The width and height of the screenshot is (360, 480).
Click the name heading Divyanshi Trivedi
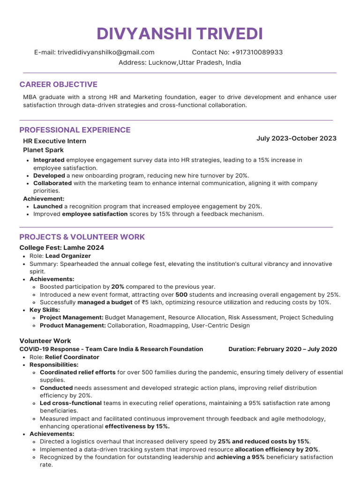pyautogui.click(x=180, y=34)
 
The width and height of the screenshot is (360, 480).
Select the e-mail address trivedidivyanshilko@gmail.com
pyautogui.click(x=106, y=52)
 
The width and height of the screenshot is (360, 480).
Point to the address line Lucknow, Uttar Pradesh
pyautogui.click(x=180, y=62)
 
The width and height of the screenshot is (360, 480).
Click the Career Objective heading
pyautogui.click(x=58, y=84)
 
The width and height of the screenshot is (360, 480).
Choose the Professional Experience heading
pyautogui.click(x=75, y=130)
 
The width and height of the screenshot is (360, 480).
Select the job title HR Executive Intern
pyautogui.click(x=54, y=141)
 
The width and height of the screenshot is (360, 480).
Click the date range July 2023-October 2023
pyautogui.click(x=296, y=138)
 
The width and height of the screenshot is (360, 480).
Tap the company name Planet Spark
pyautogui.click(x=43, y=150)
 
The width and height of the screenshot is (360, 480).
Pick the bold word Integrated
pyautogui.click(x=49, y=160)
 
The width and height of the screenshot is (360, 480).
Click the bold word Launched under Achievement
pyautogui.click(x=48, y=206)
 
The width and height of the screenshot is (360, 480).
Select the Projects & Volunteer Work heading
pyautogui.click(x=82, y=237)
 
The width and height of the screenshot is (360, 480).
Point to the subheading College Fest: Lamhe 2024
pyautogui.click(x=61, y=247)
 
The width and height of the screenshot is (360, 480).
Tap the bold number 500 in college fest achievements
pyautogui.click(x=181, y=294)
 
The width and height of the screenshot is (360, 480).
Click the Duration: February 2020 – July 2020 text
pyautogui.click(x=282, y=349)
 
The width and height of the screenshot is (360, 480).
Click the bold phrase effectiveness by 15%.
pyautogui.click(x=137, y=426)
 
